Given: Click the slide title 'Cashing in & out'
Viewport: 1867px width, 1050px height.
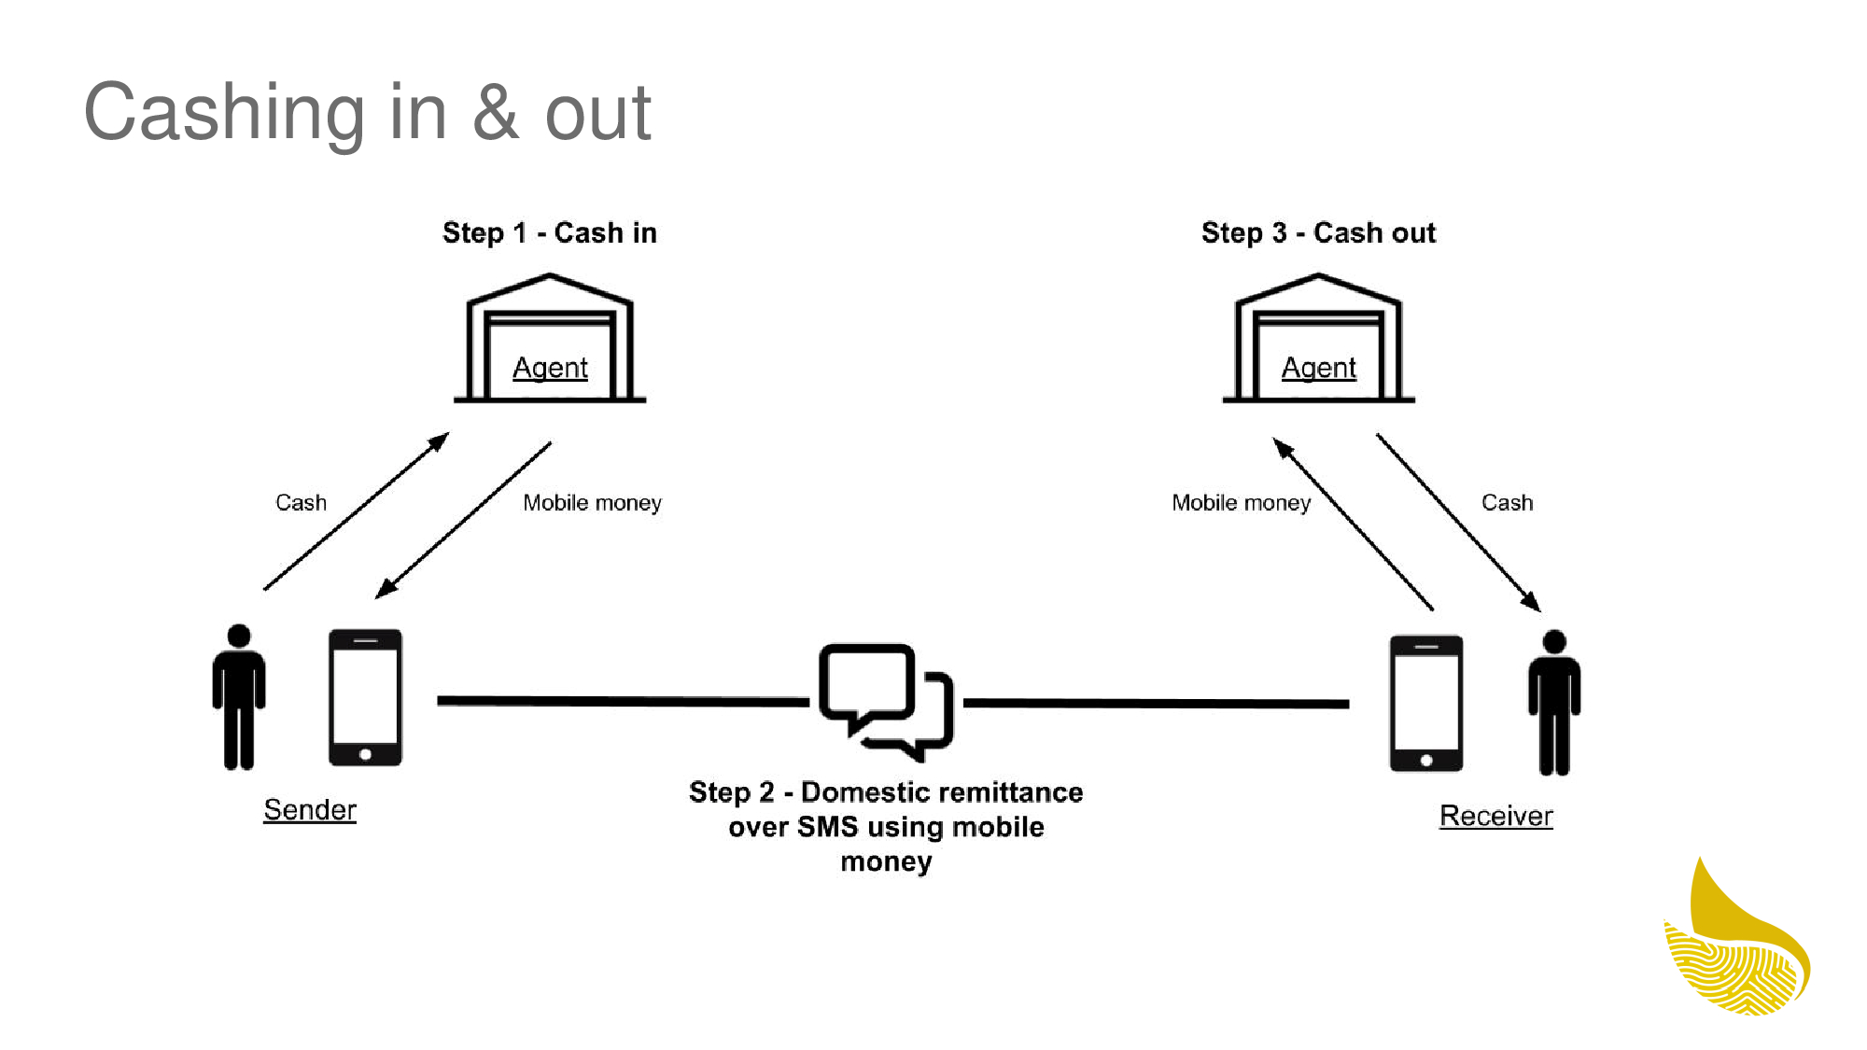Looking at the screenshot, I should (367, 112).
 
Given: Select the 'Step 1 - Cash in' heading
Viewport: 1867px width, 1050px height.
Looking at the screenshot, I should (549, 232).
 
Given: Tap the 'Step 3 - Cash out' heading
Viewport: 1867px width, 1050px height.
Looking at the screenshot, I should (1317, 232).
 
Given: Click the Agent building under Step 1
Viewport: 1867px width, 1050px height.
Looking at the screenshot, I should (550, 339).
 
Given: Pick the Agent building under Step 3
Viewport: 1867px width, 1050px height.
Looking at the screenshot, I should (1318, 339).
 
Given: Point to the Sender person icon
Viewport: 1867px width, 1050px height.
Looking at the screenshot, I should (239, 696).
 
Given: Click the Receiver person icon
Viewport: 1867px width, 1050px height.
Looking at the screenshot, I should (1553, 702).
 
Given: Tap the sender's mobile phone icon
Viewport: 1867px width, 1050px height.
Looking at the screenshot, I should (365, 697).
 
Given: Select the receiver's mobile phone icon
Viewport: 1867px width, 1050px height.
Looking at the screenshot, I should (1425, 703).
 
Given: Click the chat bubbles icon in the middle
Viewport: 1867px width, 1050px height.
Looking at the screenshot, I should (885, 701).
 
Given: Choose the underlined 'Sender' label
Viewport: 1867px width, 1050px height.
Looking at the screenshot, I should (310, 809).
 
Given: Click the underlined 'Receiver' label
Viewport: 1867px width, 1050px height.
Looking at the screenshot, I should (1495, 816).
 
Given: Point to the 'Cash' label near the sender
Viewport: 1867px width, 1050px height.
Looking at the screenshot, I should (301, 502).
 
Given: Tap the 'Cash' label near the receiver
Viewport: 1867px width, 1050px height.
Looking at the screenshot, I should (1507, 502).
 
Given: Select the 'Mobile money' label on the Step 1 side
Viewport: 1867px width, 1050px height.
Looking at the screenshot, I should (592, 502).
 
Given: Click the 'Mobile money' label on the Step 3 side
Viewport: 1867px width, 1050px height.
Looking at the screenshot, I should (1241, 502).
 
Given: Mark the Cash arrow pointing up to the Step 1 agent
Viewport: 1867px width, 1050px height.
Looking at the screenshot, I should (356, 511).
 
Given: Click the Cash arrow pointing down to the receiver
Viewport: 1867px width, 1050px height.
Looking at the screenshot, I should (1458, 522).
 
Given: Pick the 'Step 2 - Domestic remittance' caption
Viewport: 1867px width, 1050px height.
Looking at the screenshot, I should (886, 826).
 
